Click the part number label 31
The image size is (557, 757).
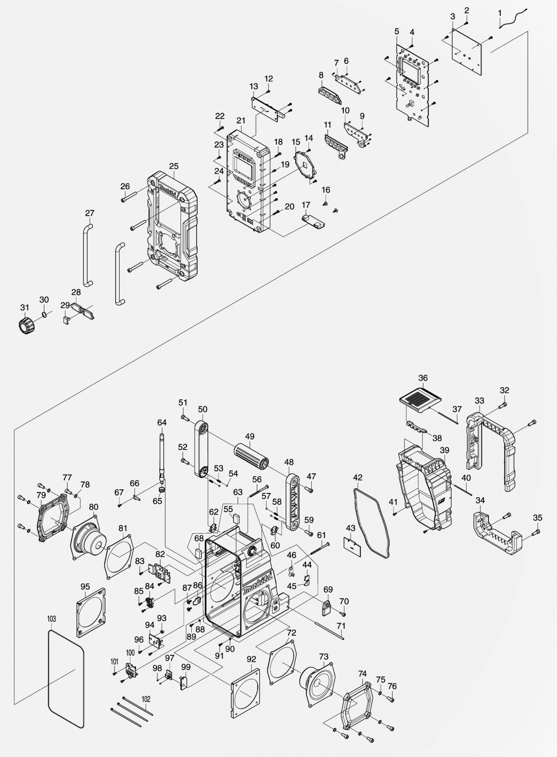click(x=25, y=308)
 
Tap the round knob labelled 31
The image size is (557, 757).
click(x=24, y=325)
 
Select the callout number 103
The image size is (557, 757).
click(x=52, y=618)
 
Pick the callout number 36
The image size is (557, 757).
click(x=423, y=378)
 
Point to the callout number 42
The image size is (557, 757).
click(x=358, y=477)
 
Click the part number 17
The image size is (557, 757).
click(x=306, y=205)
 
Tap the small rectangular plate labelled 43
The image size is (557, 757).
click(x=353, y=546)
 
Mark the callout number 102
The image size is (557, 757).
click(x=146, y=698)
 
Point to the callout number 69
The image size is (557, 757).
click(x=328, y=590)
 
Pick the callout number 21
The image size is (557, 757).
click(x=241, y=121)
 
